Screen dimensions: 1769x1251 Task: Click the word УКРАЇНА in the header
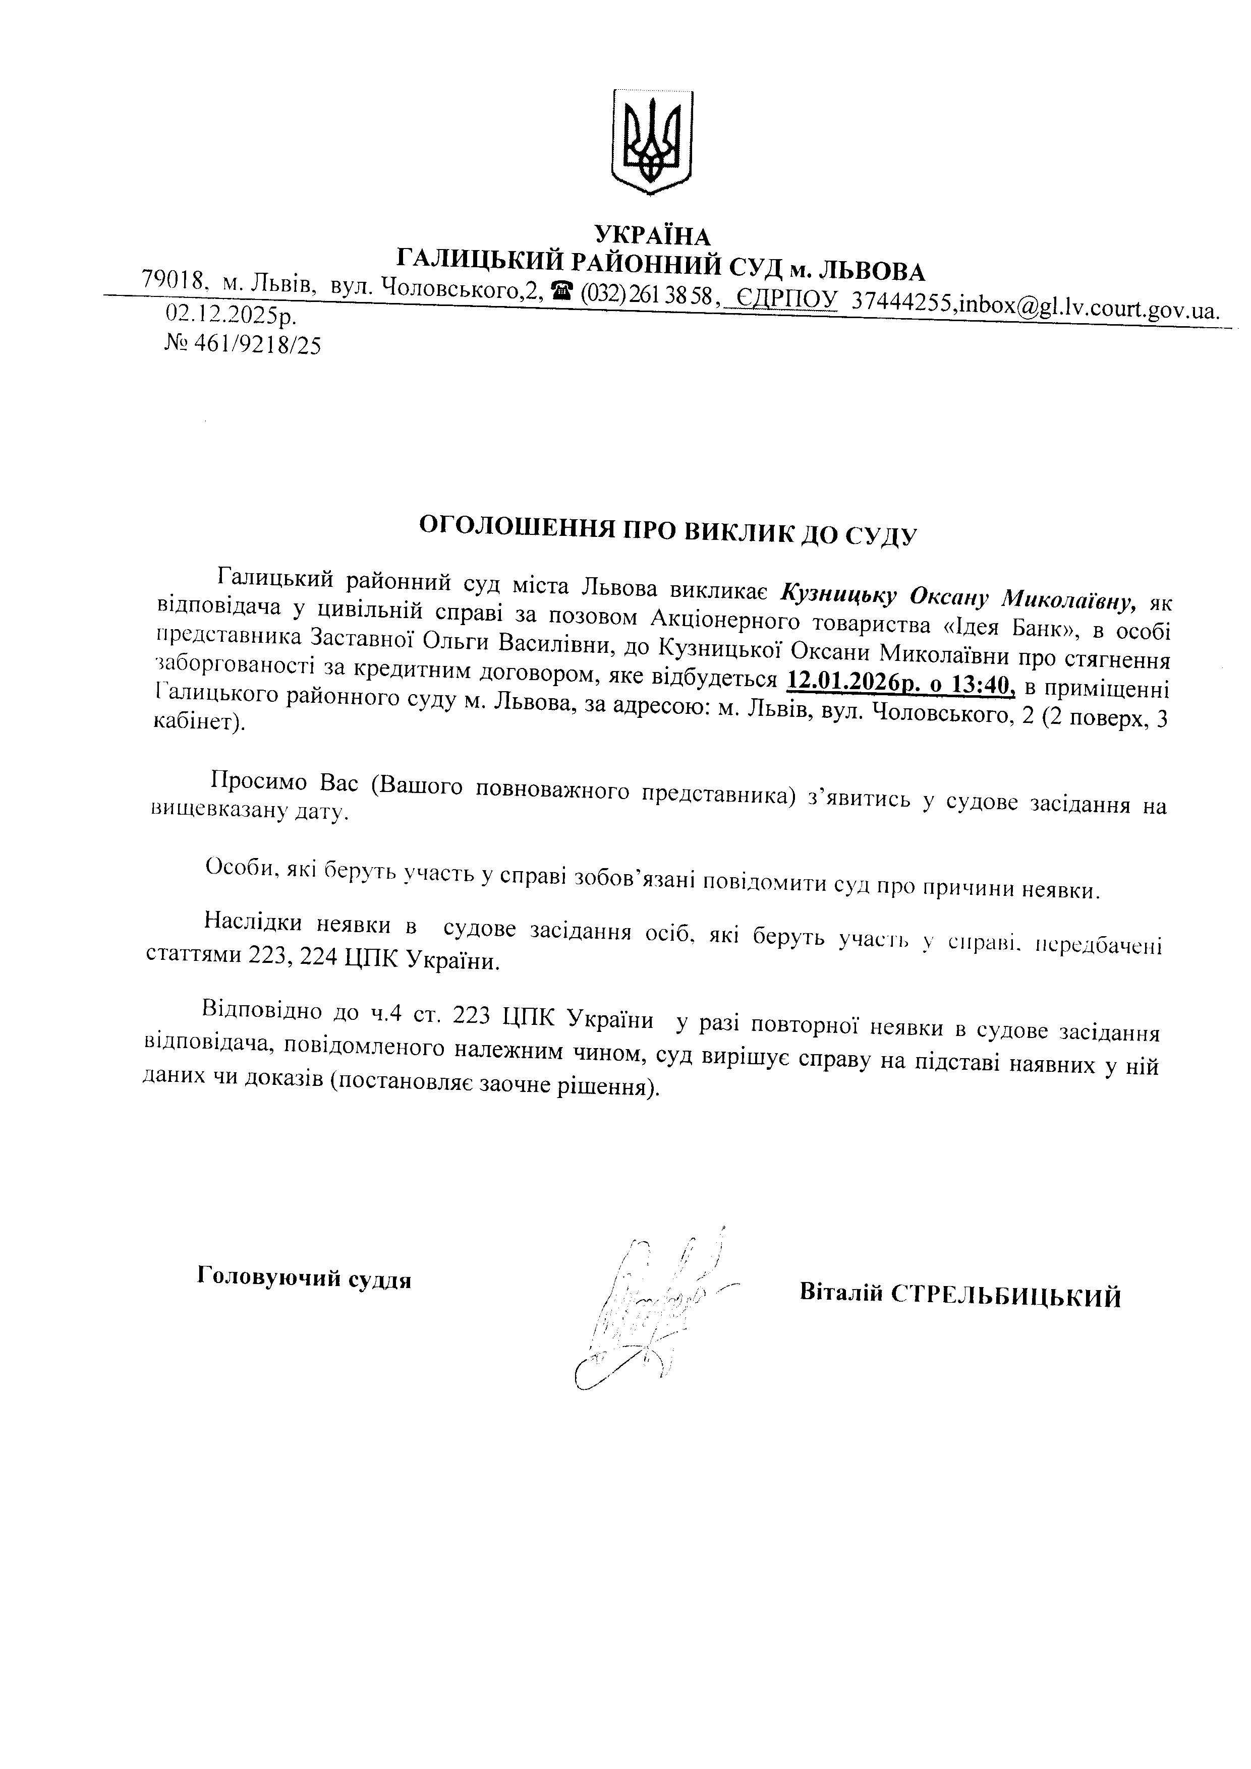tap(653, 235)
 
